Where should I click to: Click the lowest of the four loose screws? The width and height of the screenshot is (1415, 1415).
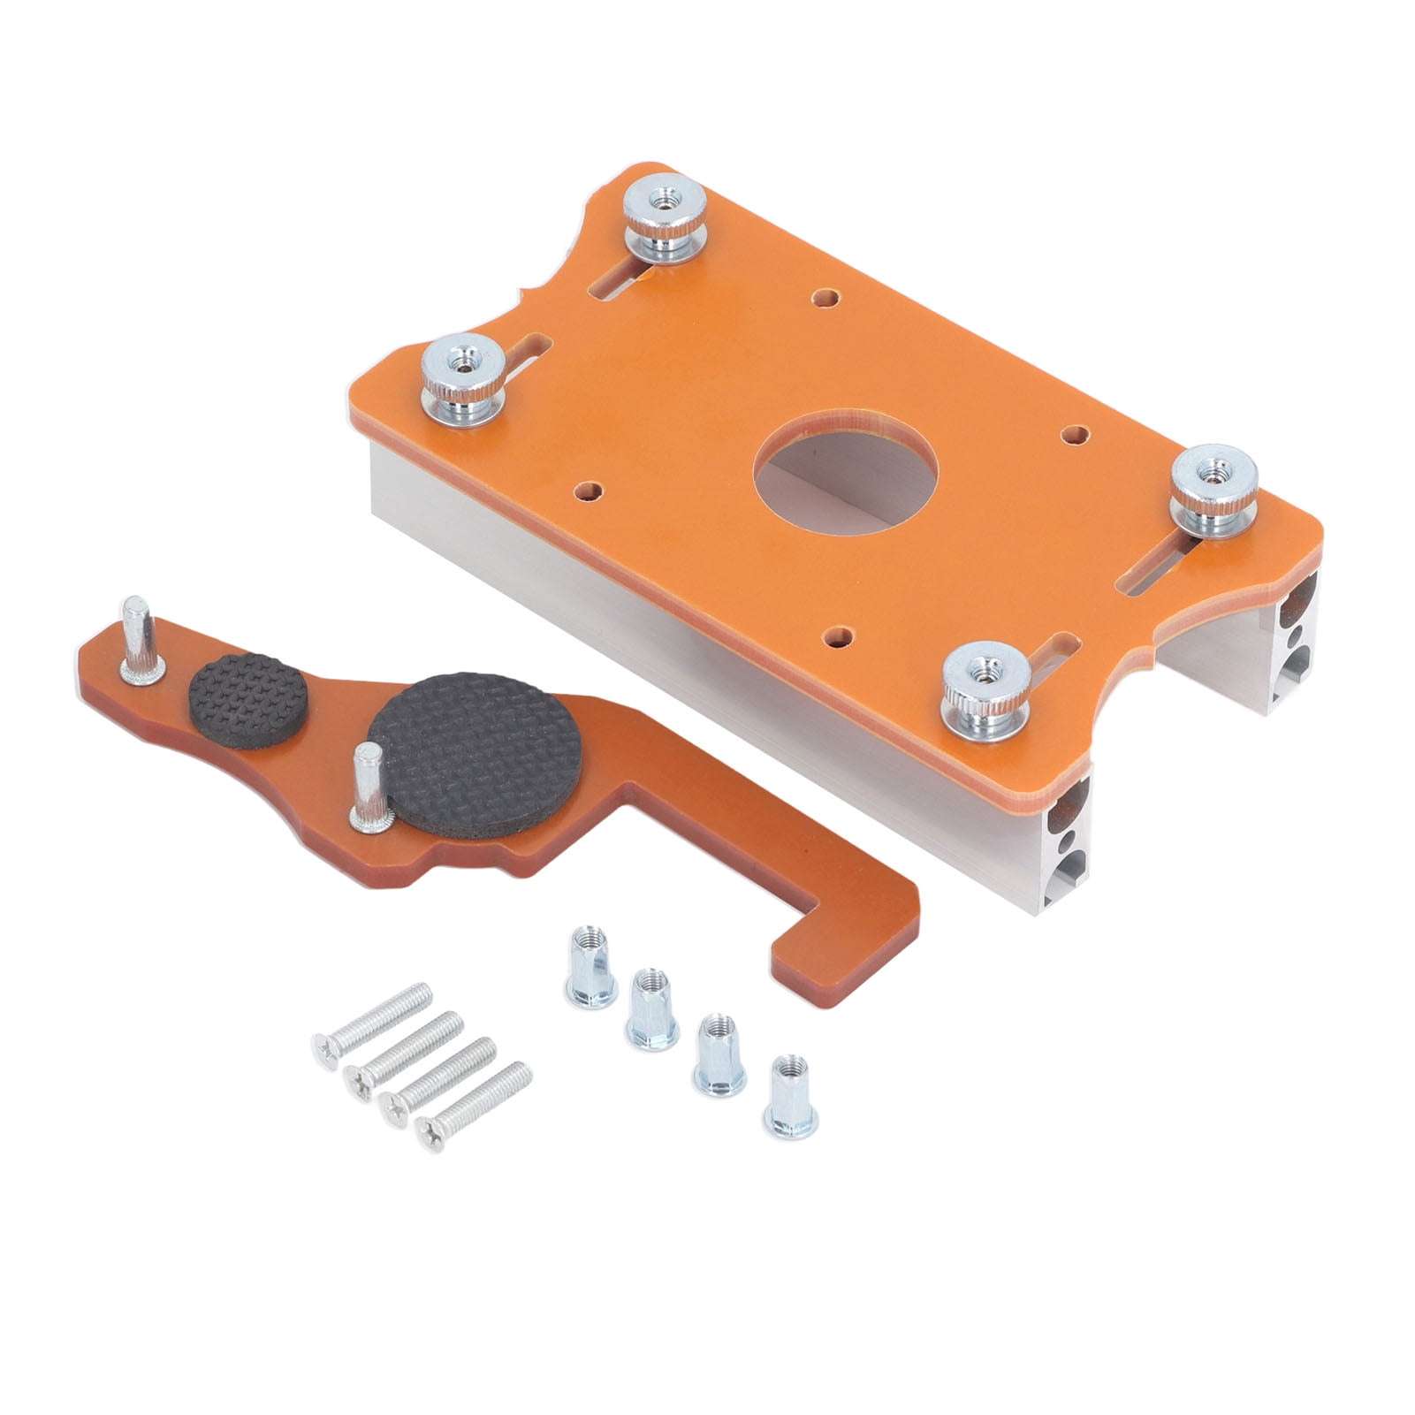click(x=474, y=1097)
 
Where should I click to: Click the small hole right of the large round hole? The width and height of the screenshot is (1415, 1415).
click(x=1075, y=434)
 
